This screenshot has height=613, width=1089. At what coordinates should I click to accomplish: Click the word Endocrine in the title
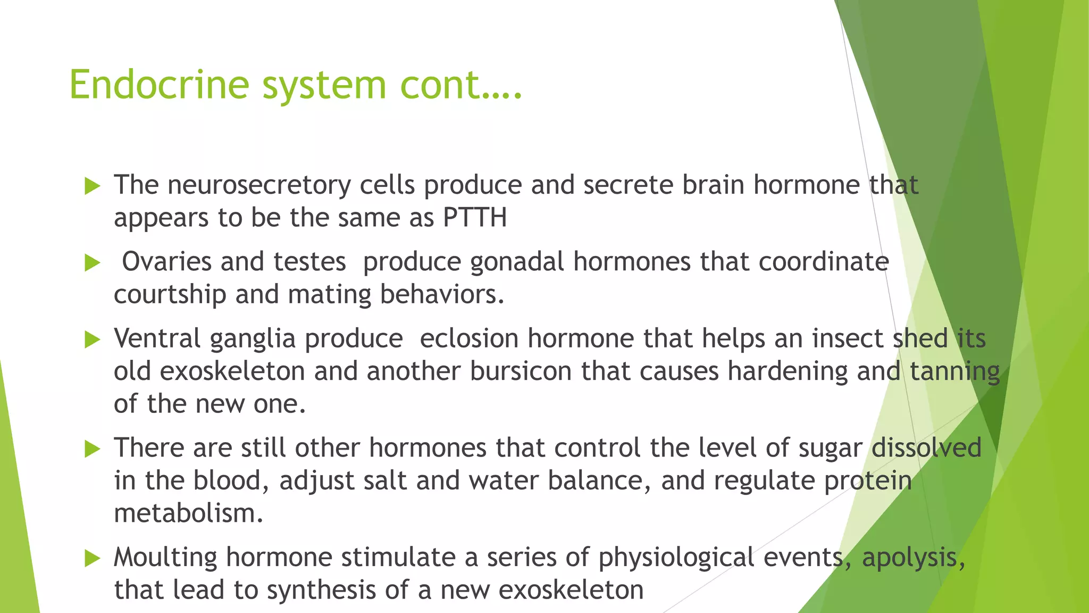159,85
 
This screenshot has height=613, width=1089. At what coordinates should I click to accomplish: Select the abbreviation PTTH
475,218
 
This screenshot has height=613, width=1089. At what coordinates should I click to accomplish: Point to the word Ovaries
166,262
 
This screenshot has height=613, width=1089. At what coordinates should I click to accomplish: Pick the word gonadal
517,262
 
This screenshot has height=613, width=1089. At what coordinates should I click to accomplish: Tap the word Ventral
157,338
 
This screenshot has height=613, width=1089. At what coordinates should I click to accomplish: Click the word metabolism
188,513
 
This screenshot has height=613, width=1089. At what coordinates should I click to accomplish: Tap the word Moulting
165,558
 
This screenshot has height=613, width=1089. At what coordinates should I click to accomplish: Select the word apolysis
913,558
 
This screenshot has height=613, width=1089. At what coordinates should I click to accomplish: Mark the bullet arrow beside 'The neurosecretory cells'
93,186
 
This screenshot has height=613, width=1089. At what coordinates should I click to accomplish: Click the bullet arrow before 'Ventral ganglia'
93,339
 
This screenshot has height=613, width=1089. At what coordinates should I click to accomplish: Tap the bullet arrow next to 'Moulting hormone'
93,558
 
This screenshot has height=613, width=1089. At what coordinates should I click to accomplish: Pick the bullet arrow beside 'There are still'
93,449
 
